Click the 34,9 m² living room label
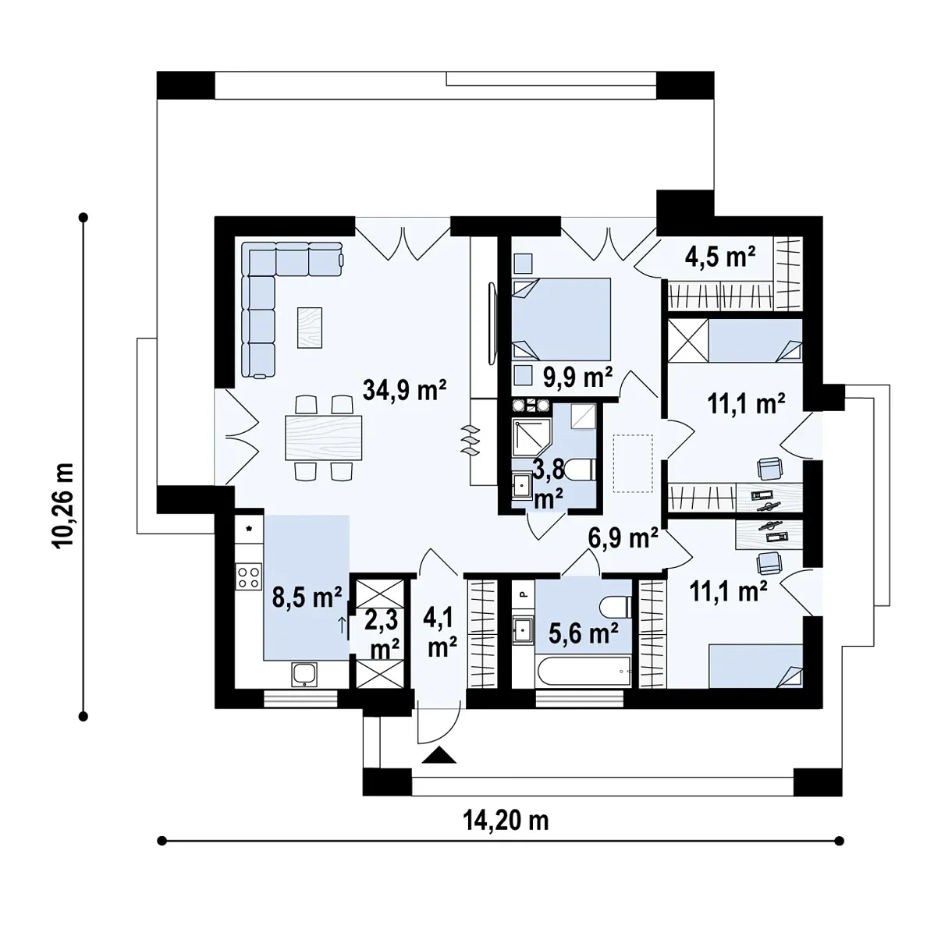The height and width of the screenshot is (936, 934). [x=404, y=390]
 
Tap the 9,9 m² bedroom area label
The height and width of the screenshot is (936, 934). [x=577, y=377]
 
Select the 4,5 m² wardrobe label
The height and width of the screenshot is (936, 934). [x=720, y=257]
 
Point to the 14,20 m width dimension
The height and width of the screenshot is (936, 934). [x=506, y=821]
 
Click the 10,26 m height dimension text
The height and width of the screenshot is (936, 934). [x=64, y=505]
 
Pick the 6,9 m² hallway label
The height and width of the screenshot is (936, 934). [x=623, y=537]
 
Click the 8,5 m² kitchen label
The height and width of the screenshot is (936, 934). [x=307, y=597]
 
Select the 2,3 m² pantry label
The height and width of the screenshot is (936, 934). [x=385, y=635]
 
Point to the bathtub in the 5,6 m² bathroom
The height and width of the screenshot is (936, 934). [x=584, y=672]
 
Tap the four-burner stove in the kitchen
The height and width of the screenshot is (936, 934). [x=248, y=576]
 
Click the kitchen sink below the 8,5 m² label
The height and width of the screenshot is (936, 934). [x=304, y=674]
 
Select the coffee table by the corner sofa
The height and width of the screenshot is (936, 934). [x=310, y=328]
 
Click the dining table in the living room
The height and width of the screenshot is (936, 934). [x=324, y=438]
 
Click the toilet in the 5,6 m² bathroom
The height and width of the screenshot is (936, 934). [x=615, y=607]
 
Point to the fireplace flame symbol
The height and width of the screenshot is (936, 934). [x=470, y=440]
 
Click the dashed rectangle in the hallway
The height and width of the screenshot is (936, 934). [x=633, y=463]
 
